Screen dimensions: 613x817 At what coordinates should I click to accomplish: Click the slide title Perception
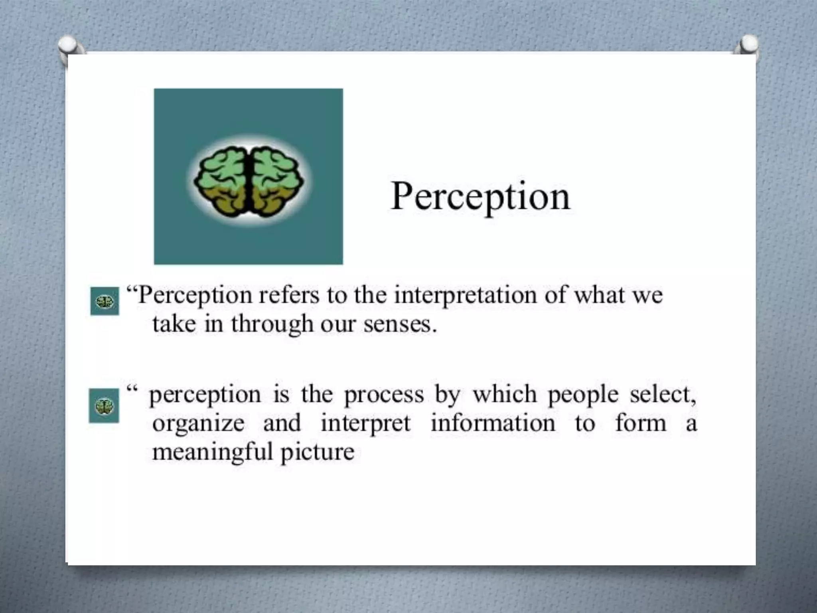click(480, 197)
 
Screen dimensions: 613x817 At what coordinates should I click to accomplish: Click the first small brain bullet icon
click(105, 301)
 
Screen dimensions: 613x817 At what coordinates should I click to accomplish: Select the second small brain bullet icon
click(104, 406)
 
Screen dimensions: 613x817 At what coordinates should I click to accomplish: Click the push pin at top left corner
click(69, 48)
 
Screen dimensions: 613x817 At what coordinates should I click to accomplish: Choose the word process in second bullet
click(384, 395)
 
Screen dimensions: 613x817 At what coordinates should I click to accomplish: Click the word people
click(583, 395)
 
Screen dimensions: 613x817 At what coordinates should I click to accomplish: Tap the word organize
click(198, 424)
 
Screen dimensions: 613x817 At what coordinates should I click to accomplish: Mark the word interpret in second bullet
click(365, 424)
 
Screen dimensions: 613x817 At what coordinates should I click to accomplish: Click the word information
click(493, 423)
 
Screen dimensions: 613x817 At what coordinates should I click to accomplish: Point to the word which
click(505, 394)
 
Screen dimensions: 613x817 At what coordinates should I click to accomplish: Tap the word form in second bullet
click(640, 423)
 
